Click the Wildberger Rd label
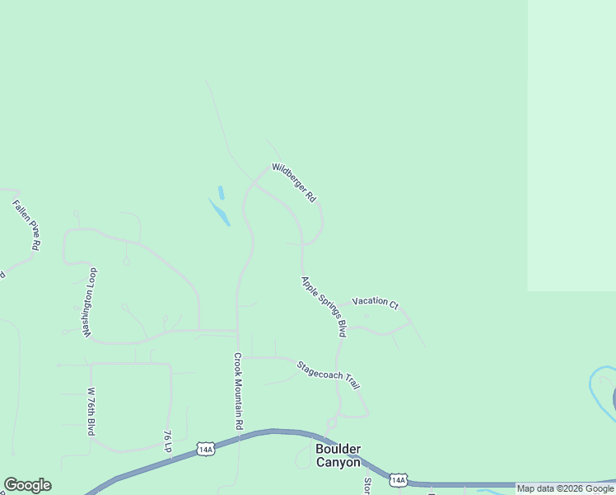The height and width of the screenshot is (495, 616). (x=294, y=183)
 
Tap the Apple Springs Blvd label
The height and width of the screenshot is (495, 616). (x=323, y=306)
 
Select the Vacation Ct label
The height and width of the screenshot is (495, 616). (x=375, y=302)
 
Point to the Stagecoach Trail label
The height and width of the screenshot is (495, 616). (x=329, y=375)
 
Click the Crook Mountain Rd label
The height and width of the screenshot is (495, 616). (x=238, y=391)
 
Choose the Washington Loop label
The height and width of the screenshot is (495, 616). (x=89, y=303)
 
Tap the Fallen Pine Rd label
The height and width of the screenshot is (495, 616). (x=26, y=224)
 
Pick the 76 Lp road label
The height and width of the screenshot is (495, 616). (x=167, y=441)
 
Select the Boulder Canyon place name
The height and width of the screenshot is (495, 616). (x=338, y=455)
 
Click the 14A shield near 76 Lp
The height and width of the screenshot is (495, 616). (x=206, y=449)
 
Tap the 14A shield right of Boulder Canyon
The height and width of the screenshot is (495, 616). (x=399, y=479)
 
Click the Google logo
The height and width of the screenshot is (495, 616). (x=27, y=485)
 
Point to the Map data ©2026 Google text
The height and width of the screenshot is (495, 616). (x=565, y=488)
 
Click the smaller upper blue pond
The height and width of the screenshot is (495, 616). (x=221, y=192)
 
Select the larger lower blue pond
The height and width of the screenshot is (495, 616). (x=220, y=213)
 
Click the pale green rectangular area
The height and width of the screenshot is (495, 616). (x=572, y=144)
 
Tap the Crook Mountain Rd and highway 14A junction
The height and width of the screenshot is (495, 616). (x=239, y=437)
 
